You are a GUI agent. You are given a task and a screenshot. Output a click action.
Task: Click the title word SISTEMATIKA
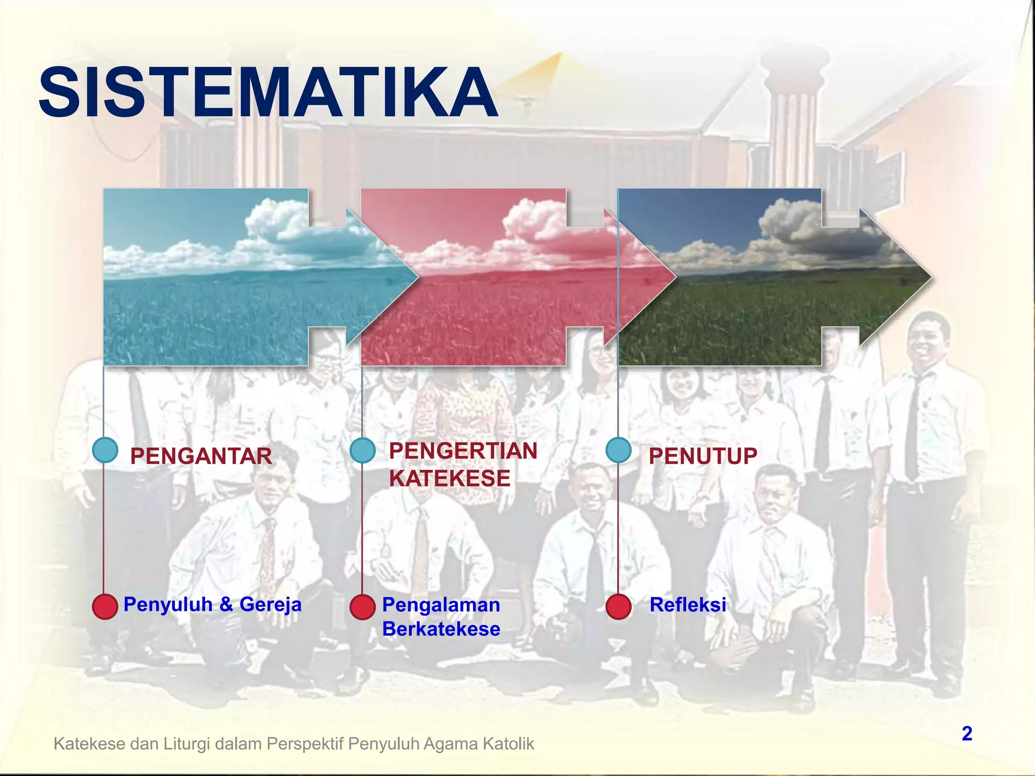point(268,93)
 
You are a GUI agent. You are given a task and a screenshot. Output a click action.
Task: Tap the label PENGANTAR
point(201,456)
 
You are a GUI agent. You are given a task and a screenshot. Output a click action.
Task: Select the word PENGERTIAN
point(462,451)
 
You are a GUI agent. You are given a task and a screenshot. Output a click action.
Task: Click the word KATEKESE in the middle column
point(449,478)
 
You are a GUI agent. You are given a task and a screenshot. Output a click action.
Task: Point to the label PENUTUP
point(702,456)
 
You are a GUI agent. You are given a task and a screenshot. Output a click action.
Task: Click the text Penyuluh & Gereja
point(212,604)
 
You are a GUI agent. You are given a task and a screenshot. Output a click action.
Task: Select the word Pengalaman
point(441,605)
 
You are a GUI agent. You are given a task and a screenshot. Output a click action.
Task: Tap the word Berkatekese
point(441,629)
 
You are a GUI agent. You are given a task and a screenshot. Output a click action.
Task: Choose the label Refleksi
point(687,605)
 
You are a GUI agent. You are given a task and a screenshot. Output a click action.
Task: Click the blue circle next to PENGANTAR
point(105,450)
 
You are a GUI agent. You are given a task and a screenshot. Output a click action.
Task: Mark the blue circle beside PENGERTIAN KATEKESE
point(362,450)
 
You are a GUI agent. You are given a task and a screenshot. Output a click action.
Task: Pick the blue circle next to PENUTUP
point(619,450)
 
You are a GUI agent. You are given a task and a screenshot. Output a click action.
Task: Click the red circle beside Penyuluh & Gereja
point(105,606)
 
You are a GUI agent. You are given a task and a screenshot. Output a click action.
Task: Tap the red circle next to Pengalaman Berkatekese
point(362,606)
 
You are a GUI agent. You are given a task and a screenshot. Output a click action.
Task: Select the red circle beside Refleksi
point(619,606)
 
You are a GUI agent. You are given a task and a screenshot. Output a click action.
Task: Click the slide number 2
point(967,734)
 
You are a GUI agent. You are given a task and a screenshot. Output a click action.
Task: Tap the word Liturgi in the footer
point(188,744)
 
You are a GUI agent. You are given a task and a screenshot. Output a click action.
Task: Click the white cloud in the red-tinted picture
point(531,222)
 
